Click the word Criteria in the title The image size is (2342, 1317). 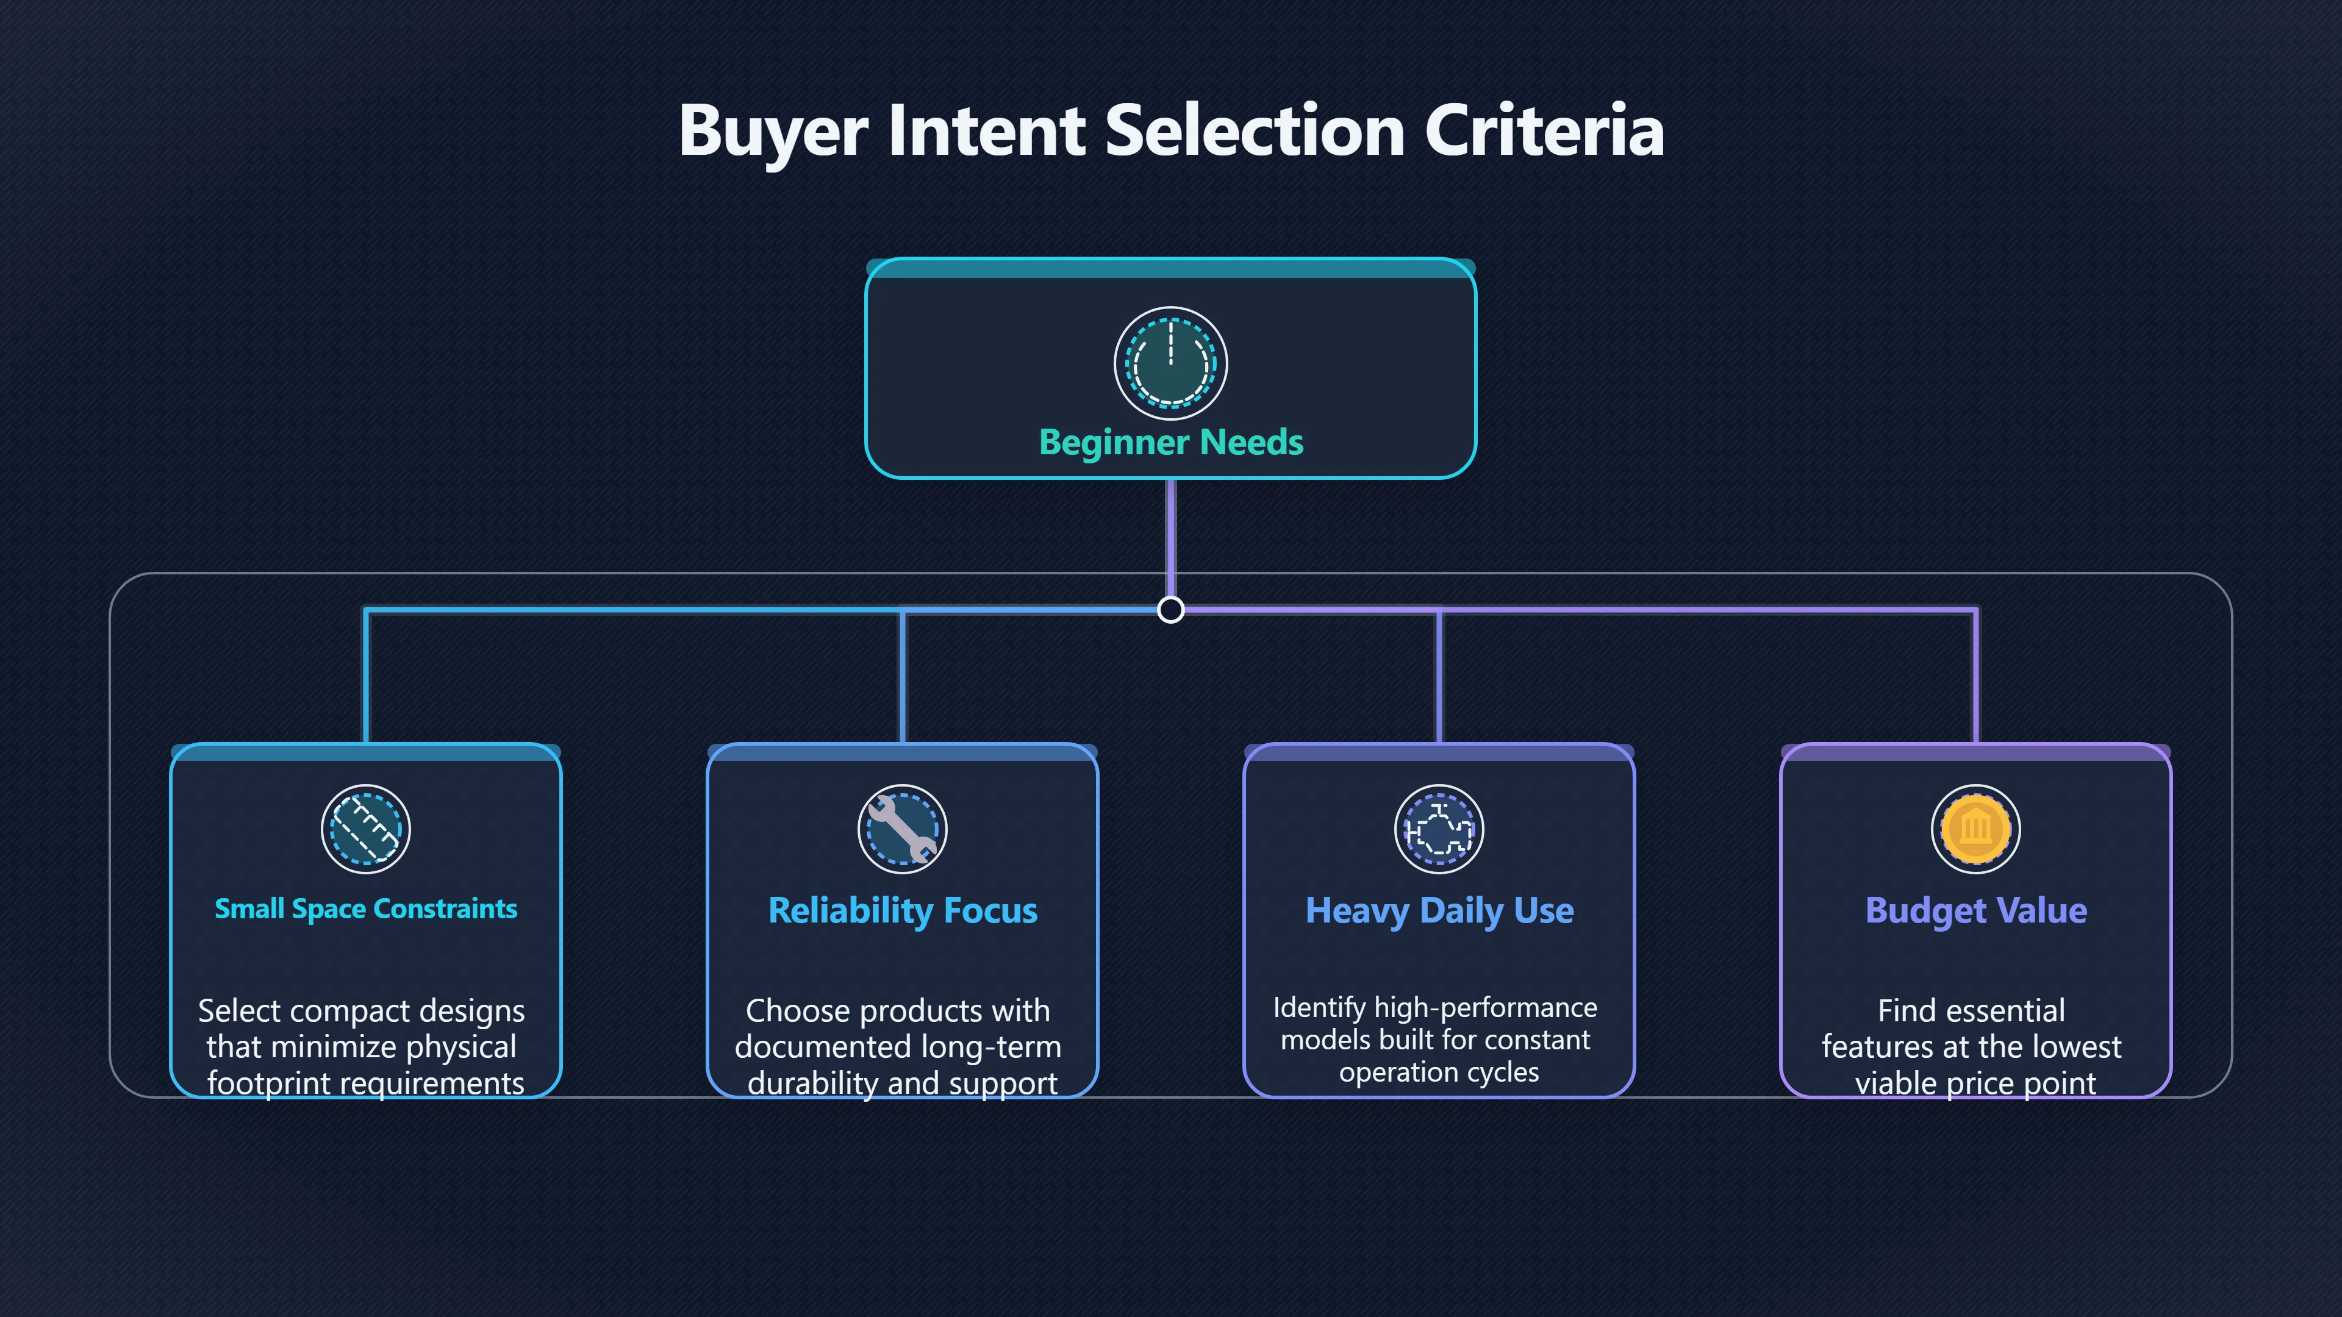tap(1545, 130)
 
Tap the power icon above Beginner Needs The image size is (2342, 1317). tap(1171, 363)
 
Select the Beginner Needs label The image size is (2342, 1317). tap(1171, 443)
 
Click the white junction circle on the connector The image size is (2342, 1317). tap(1171, 609)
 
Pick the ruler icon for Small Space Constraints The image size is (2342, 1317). tap(365, 829)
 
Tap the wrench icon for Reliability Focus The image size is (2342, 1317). tap(903, 829)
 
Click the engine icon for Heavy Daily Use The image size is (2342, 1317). tap(1439, 829)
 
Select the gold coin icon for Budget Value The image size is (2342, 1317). tap(1975, 829)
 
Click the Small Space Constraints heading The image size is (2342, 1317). tap(365, 909)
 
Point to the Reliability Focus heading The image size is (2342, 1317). tap(903, 911)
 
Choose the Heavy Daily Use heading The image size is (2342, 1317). tap(1439, 911)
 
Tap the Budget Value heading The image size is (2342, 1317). tap(1975, 911)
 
